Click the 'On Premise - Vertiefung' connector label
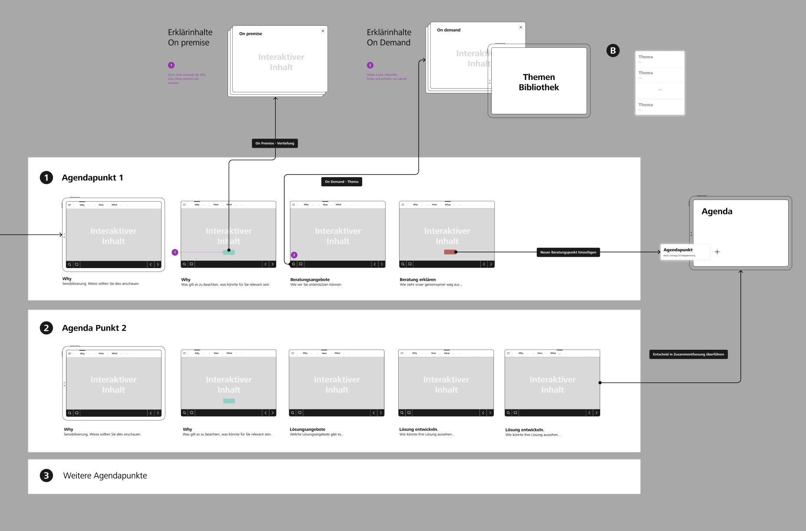point(275,143)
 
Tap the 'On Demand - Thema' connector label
point(342,182)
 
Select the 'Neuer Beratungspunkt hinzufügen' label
point(568,252)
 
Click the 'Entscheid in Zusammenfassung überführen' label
point(688,355)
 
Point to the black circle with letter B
point(613,50)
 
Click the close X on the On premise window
point(323,31)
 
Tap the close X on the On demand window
point(521,27)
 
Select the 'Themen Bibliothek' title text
point(539,82)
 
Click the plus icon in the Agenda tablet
point(717,252)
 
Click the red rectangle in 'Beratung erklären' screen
point(449,252)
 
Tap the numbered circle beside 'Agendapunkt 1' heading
point(46,178)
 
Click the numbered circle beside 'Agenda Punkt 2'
point(46,328)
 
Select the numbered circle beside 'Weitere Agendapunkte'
point(46,475)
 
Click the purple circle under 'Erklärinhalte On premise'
point(171,65)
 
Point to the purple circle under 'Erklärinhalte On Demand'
point(370,65)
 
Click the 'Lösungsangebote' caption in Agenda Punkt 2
point(307,429)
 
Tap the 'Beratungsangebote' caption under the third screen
point(310,280)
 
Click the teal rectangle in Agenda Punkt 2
point(229,401)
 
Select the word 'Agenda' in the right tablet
point(717,212)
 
